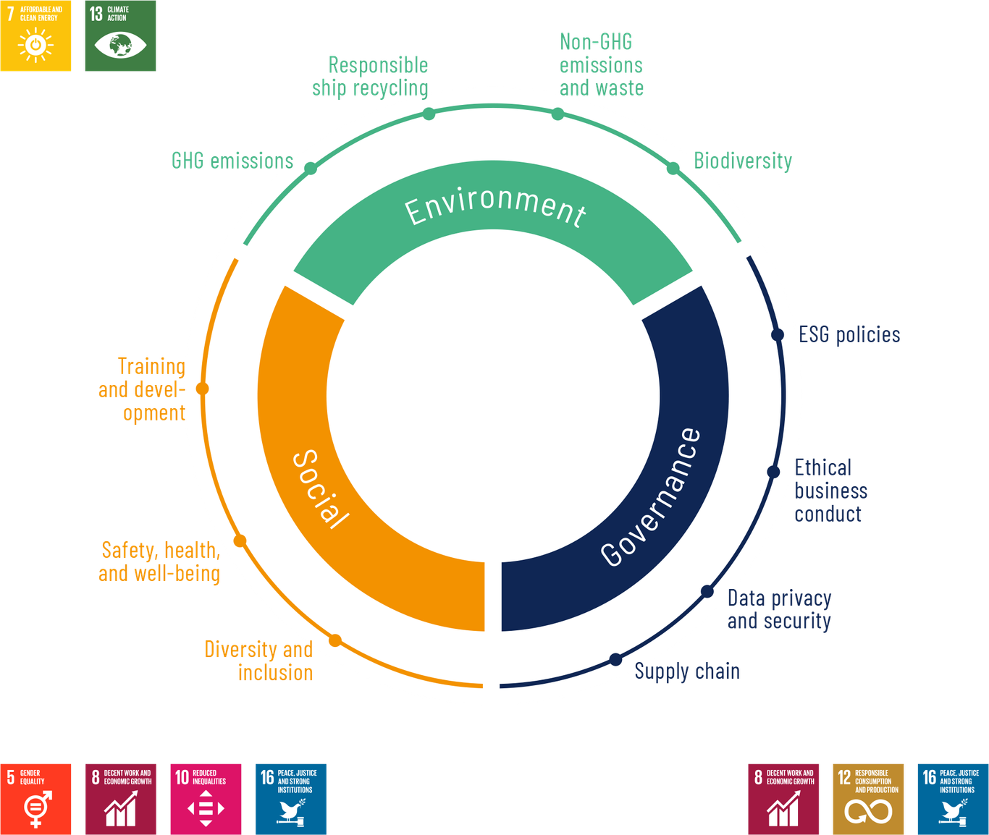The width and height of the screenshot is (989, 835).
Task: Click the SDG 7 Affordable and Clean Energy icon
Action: tap(36, 36)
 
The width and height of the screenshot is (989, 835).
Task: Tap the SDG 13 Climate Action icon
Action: tap(120, 36)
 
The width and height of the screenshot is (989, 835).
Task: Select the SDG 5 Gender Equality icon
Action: tap(36, 798)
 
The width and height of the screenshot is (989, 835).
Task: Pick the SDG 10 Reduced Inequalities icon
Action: tap(206, 798)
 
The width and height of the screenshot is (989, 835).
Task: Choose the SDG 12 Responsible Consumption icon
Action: tap(868, 798)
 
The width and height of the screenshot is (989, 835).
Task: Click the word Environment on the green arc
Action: tap(495, 207)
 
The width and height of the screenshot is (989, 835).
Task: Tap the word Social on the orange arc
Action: tap(320, 489)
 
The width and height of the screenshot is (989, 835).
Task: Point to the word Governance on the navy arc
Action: tap(650, 497)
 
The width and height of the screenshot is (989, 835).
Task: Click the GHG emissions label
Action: tap(232, 160)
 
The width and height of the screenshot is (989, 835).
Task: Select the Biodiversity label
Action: tap(743, 160)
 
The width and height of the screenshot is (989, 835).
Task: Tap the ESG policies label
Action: tap(849, 334)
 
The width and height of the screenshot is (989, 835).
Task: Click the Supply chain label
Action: tap(688, 671)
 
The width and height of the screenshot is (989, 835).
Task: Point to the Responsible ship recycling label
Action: tap(371, 76)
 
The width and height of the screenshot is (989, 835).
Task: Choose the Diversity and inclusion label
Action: tap(259, 661)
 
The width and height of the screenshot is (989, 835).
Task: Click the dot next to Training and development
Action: tap(203, 389)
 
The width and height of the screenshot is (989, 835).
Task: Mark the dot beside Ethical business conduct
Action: tap(773, 472)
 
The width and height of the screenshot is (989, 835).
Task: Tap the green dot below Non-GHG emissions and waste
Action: tap(557, 114)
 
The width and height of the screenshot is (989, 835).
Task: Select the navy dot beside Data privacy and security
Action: tap(707, 592)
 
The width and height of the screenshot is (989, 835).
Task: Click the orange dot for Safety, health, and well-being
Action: tap(240, 541)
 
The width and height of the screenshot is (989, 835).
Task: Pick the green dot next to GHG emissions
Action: tap(311, 169)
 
